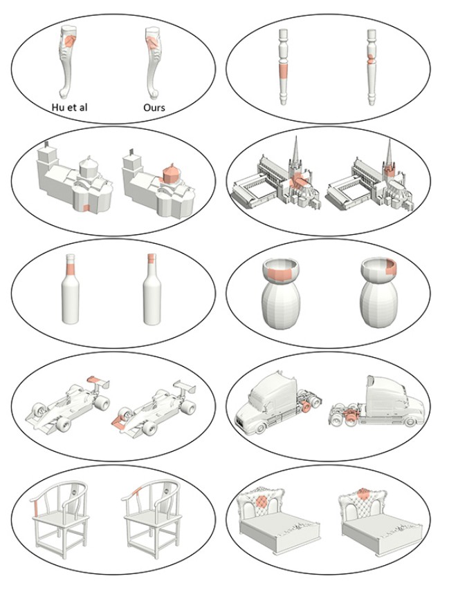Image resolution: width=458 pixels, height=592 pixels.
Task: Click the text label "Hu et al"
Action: pos(69,107)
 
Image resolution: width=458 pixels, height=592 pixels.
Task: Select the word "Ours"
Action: pos(154,108)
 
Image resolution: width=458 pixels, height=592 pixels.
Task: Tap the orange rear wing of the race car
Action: pos(93,379)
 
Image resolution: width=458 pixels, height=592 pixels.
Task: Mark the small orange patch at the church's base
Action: pos(86,208)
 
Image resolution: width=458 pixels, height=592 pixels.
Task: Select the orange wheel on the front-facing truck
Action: pos(306,407)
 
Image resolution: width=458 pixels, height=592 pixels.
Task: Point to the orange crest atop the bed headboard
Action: pos(363,493)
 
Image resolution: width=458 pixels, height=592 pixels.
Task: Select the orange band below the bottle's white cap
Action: pos(71,269)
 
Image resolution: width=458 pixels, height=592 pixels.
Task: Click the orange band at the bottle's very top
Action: pos(152,258)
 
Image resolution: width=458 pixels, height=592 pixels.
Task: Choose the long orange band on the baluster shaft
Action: pos(283,71)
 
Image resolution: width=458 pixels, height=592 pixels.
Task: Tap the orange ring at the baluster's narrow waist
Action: pos(372,59)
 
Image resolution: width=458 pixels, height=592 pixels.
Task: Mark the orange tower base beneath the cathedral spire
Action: pos(389,169)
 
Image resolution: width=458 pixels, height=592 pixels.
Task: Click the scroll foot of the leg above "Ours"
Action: pos(154,94)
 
